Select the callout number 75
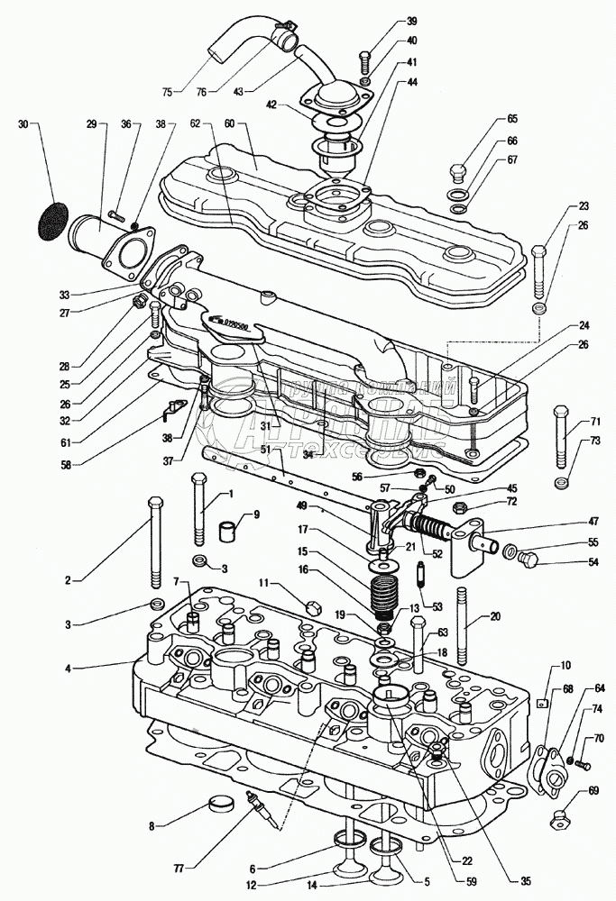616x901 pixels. pos(167,91)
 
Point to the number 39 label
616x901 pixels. pos(386,21)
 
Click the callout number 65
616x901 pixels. pos(512,119)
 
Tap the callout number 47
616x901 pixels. pos(594,522)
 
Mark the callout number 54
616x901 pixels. pos(593,561)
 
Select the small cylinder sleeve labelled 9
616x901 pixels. pos(233,526)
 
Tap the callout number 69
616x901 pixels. pos(593,791)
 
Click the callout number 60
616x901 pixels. pos(229,122)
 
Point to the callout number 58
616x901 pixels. pos(66,464)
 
